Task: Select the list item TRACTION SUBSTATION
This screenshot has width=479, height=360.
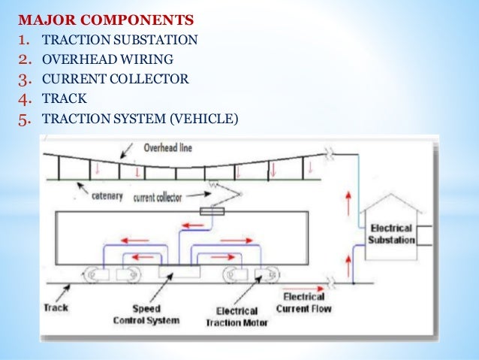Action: [x=120, y=38]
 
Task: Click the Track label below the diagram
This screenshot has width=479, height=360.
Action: [x=56, y=307]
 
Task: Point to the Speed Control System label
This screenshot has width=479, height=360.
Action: [x=156, y=315]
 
